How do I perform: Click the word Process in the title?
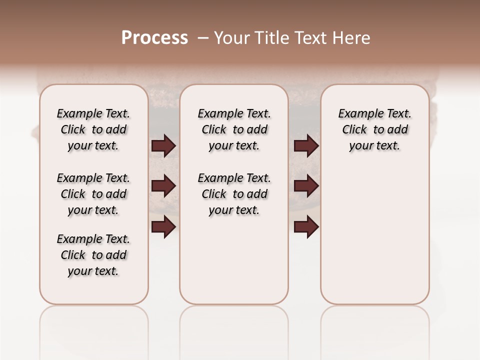coord(154,38)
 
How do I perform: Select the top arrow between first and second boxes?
coord(163,145)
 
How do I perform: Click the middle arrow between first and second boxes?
coord(163,186)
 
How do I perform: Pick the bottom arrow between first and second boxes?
coord(163,226)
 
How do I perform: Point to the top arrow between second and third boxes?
coord(306,145)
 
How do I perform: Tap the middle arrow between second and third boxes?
coord(306,186)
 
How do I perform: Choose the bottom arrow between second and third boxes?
coord(306,226)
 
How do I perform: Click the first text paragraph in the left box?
coord(93,129)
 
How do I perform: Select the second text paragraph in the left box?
coord(93,194)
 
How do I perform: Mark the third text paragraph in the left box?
coord(93,255)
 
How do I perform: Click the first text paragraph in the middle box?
coord(234,129)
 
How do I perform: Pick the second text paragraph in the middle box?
coord(234,194)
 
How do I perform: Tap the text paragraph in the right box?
coord(374,129)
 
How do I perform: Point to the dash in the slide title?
coord(203,38)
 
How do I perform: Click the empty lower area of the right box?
coord(374,240)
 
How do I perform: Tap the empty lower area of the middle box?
coord(234,260)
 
